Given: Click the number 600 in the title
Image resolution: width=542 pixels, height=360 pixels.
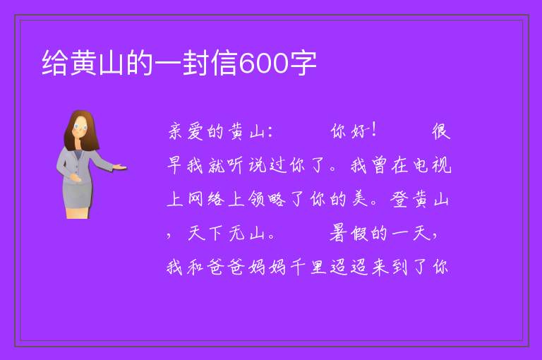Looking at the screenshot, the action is pos(263,64).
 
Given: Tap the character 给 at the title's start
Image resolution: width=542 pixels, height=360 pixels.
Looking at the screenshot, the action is pos(54,63).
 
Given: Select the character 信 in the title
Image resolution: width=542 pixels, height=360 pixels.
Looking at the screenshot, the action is pos(224,63).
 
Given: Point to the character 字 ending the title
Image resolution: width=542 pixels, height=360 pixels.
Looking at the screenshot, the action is pos(303,63).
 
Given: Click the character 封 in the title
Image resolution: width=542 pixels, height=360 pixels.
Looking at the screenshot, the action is pos(195,63).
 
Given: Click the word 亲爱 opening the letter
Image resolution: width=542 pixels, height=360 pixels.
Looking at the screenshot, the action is pos(186,131).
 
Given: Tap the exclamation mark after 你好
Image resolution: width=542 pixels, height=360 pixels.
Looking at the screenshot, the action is pos(373,131).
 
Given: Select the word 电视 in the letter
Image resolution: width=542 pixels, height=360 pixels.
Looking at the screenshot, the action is pos(433,165).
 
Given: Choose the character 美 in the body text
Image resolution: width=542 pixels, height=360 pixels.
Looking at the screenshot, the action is pos(359,199).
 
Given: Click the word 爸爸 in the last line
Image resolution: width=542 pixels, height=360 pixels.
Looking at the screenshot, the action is pos(227,267).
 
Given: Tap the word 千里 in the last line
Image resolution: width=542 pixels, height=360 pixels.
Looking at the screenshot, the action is pos(308,267).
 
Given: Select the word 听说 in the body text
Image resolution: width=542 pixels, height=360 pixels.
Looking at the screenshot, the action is pos(247,165).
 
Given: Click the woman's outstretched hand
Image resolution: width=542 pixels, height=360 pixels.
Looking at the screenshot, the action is pos(120,167).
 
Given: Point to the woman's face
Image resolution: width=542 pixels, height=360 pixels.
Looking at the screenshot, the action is pos(80,127).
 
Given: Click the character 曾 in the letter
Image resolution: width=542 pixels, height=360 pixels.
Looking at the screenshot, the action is pos(380,165).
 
